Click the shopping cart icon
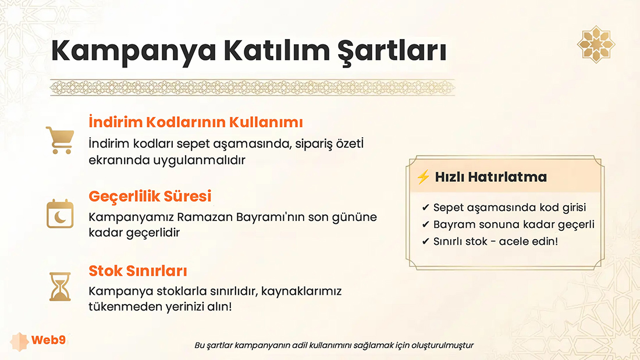(x=60, y=140)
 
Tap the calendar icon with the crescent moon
(x=60, y=214)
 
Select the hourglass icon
(x=60, y=287)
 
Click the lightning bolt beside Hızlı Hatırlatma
(x=423, y=177)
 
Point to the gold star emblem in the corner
(x=596, y=44)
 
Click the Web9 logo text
(x=48, y=340)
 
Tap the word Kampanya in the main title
(x=133, y=51)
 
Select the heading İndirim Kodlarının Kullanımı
(x=196, y=122)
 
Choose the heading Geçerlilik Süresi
(x=150, y=197)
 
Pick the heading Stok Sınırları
(x=138, y=270)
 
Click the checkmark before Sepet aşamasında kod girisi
(x=426, y=208)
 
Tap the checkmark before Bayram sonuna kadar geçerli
(x=426, y=224)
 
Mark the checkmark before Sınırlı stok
(x=426, y=241)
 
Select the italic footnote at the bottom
(x=334, y=345)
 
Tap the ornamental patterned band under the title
(x=253, y=87)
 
